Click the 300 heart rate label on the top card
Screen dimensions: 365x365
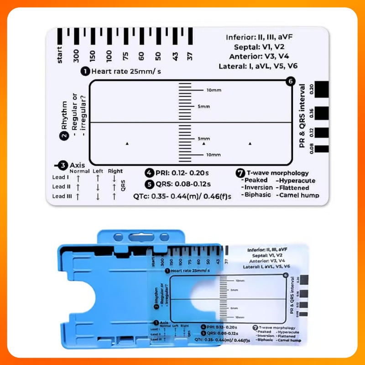pyautogui.click(x=76, y=56)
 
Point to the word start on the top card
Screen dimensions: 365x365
pyautogui.click(x=60, y=55)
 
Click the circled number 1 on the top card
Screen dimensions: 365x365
pyautogui.click(x=85, y=71)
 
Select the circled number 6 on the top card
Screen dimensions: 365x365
pyautogui.click(x=288, y=81)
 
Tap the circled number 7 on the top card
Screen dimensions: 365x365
pyautogui.click(x=240, y=173)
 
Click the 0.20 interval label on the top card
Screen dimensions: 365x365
pyautogui.click(x=312, y=88)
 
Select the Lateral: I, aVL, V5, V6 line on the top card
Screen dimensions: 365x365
pyautogui.click(x=258, y=66)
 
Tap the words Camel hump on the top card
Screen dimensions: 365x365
pyautogui.click(x=299, y=195)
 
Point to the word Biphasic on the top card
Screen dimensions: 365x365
pyautogui.click(x=259, y=195)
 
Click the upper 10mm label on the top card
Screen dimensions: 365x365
pyautogui.click(x=214, y=90)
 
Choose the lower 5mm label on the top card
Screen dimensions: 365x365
pyautogui.click(x=203, y=139)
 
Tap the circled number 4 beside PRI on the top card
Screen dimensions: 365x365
pyautogui.click(x=150, y=173)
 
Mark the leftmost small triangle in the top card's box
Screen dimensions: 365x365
pyautogui.click(x=127, y=144)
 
